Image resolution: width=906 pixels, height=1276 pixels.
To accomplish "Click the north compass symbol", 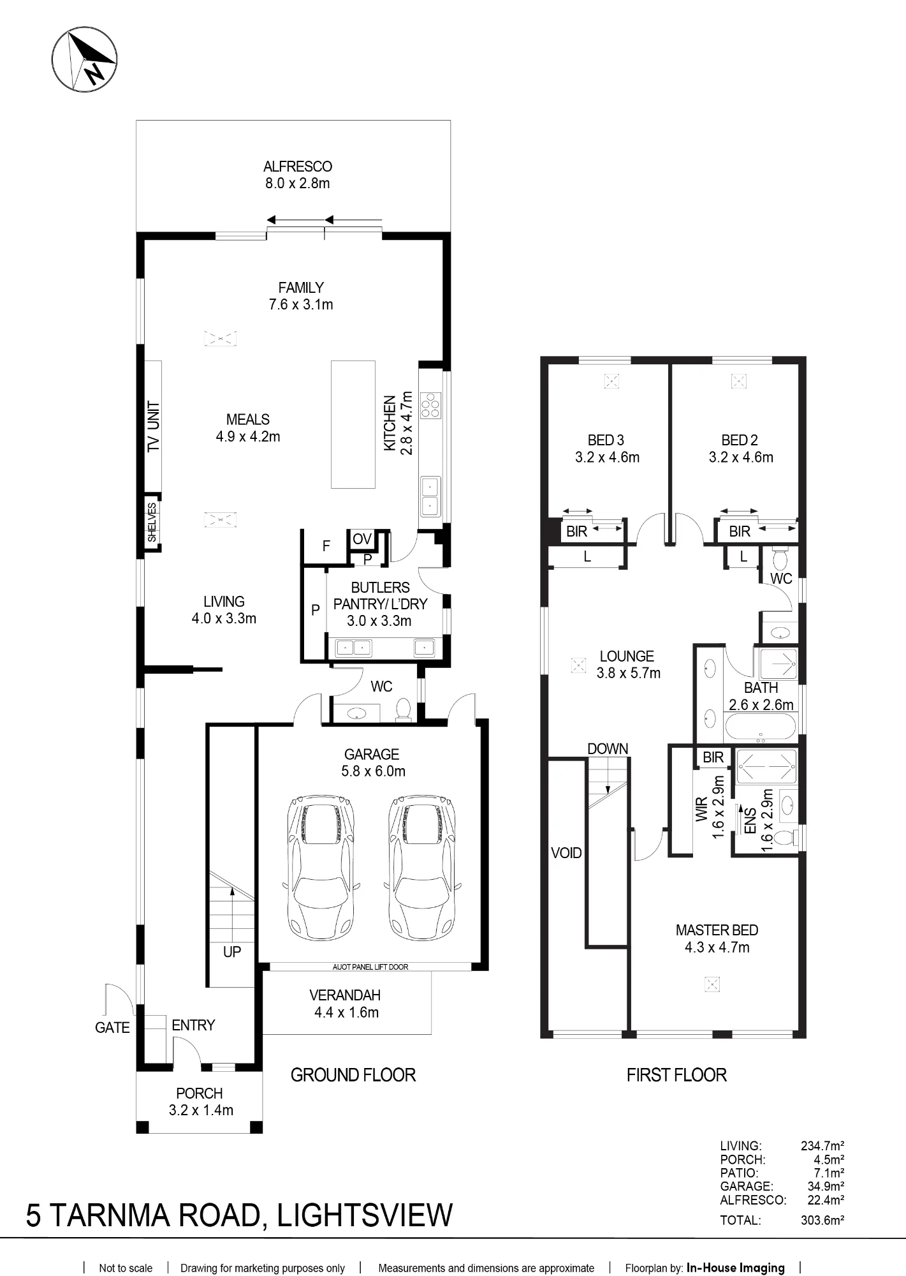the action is tap(84, 61).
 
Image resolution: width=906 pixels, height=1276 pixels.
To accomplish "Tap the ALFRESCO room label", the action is tap(298, 167).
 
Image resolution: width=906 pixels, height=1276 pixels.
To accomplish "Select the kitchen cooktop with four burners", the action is tap(430, 404).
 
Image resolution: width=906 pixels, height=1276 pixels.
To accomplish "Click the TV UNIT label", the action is tap(153, 427).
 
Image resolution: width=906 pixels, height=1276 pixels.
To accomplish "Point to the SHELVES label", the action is tap(152, 523).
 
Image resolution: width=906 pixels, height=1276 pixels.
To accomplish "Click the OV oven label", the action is tap(362, 539).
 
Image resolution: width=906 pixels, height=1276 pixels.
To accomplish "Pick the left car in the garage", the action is tap(319, 866).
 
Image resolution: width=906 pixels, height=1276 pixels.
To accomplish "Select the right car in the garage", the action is tap(423, 866).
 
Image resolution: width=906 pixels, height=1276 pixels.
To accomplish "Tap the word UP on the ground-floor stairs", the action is tap(232, 952).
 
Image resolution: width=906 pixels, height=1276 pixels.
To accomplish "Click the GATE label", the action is tap(112, 1027).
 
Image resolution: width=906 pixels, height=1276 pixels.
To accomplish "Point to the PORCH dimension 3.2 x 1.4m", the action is tap(201, 1109).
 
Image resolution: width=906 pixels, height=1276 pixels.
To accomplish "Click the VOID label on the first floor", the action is tap(566, 853).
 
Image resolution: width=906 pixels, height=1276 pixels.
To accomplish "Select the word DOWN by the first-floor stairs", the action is tap(608, 748).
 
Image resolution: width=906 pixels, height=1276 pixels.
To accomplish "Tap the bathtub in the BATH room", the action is tap(760, 727).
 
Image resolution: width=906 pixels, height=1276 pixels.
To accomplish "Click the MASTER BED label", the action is tap(717, 930).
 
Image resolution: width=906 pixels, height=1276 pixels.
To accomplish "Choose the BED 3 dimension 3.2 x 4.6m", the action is tap(607, 457).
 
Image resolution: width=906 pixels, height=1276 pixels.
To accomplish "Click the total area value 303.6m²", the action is tap(822, 1220).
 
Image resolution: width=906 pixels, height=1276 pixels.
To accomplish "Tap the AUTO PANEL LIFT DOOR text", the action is tap(370, 967).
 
